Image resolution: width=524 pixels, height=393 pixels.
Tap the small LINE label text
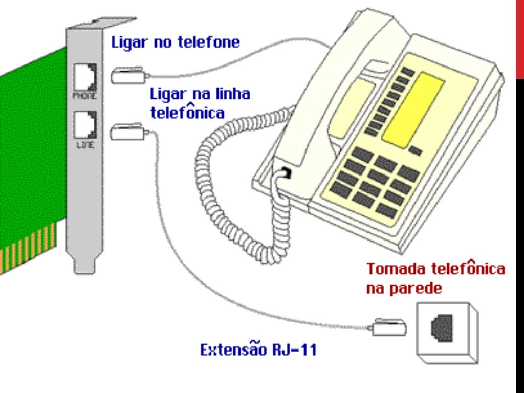pyautogui.click(x=84, y=146)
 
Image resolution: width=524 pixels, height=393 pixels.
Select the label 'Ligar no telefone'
pyautogui.click(x=175, y=42)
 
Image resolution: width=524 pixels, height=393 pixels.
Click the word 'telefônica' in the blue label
pyautogui.click(x=187, y=112)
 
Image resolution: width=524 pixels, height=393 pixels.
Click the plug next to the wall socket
pyautogui.click(x=389, y=327)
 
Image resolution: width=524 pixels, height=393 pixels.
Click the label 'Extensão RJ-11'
pyautogui.click(x=258, y=351)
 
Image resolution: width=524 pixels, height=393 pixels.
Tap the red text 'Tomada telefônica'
pyautogui.click(x=435, y=269)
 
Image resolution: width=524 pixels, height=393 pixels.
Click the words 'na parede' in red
pyautogui.click(x=404, y=288)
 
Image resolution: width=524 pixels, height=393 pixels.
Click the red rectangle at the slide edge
pyautogui.click(x=519, y=38)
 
